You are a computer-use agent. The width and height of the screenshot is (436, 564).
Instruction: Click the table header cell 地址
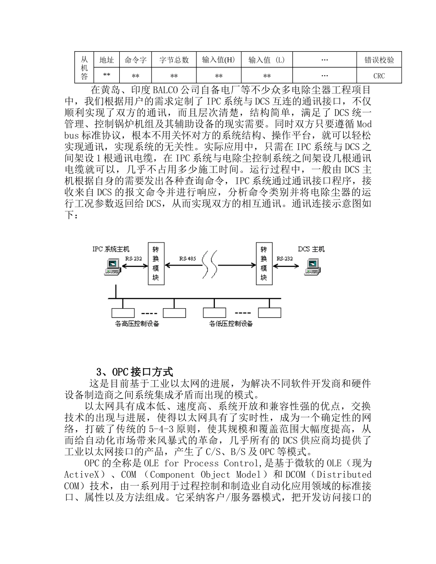point(106,60)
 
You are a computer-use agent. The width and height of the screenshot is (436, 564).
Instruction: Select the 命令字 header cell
point(135,60)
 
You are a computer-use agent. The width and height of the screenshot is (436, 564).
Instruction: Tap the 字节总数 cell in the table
point(174,60)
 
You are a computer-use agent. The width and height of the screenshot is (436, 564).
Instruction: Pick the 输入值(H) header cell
point(218,60)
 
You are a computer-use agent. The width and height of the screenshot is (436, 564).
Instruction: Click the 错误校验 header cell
point(379,60)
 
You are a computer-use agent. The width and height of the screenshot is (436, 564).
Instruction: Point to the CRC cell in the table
point(379,76)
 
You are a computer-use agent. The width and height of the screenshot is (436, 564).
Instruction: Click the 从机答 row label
point(84,67)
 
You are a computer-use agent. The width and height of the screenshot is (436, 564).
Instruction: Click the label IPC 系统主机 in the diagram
point(111,249)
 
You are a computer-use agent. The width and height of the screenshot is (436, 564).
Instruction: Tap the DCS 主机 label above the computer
point(311,249)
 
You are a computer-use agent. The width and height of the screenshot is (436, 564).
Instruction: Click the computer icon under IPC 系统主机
point(112,267)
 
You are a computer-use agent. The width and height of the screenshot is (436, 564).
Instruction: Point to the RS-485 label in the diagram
point(187,259)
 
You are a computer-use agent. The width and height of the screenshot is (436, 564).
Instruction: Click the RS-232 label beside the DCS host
point(285,259)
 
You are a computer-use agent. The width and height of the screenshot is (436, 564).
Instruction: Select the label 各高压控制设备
point(137,324)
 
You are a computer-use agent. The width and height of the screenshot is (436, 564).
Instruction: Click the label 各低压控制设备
point(231,324)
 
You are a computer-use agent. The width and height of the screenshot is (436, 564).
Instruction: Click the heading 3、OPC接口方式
point(134,371)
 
